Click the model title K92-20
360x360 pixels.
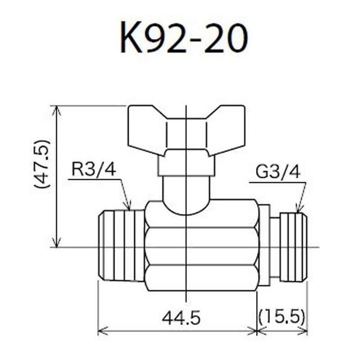pos(184,38)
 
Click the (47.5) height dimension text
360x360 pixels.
pos(42,163)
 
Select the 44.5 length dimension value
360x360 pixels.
pos(180,318)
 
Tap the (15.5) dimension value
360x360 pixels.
pos(282,318)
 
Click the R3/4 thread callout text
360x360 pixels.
pos(94,170)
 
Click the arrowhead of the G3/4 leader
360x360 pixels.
pos(298,209)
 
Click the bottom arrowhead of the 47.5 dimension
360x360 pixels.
pos(56,243)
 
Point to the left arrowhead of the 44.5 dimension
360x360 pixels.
pos(101,331)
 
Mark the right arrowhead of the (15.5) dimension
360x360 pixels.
pos(304,331)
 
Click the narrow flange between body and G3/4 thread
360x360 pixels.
pos(265,245)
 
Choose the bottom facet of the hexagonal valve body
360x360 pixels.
pos(201,278)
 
